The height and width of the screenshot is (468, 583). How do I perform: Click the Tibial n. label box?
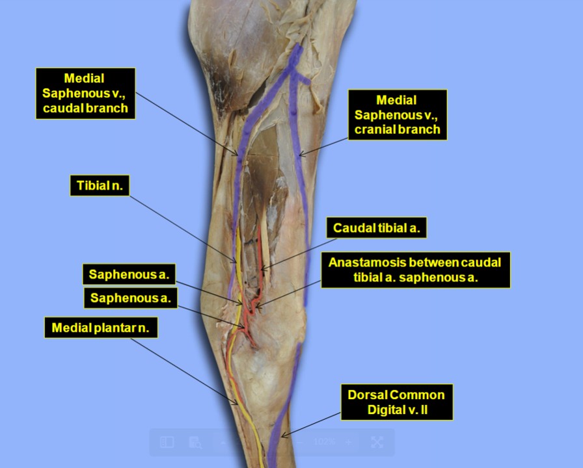[100, 185]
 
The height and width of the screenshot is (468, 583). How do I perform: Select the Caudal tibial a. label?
[376, 227]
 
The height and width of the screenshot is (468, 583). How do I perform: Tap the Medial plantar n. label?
[101, 328]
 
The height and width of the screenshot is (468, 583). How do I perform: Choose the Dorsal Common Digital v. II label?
[397, 402]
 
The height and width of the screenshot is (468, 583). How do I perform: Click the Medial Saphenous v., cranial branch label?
[397, 115]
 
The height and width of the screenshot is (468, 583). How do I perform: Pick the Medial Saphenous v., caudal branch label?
[85, 93]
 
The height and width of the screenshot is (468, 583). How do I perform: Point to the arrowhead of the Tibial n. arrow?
[236, 262]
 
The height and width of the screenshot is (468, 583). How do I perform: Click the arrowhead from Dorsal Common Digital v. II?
[282, 436]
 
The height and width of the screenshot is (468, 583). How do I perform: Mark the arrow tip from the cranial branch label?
[299, 155]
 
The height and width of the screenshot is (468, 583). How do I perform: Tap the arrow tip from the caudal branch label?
[237, 155]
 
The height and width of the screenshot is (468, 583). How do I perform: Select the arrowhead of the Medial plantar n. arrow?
[237, 404]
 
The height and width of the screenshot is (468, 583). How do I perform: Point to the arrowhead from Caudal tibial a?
[261, 269]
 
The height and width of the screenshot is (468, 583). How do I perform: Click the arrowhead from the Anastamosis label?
[256, 308]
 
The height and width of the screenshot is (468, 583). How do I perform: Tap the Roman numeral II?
[424, 410]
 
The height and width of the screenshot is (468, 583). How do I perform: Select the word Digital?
[385, 410]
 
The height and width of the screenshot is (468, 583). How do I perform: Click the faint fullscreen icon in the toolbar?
[377, 442]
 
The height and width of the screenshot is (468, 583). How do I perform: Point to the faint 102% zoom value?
[324, 441]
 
